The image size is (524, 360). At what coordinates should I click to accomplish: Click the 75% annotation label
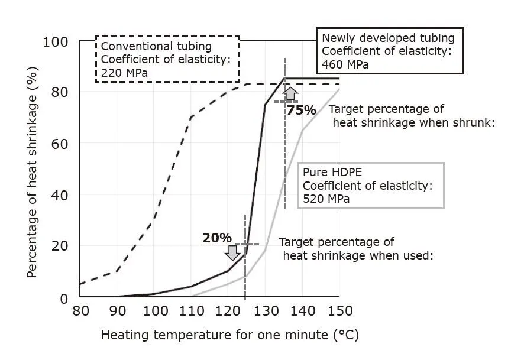click(302, 109)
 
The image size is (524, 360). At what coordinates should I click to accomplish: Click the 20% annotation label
click(217, 238)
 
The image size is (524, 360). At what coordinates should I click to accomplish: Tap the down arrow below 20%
click(232, 252)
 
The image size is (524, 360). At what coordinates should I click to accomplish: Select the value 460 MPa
click(345, 64)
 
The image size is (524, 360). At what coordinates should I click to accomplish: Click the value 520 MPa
click(326, 199)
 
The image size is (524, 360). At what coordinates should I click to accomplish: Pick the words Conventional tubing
click(156, 46)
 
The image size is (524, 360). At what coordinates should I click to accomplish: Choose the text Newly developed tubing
click(388, 38)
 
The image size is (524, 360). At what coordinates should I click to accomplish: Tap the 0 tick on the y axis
click(64, 298)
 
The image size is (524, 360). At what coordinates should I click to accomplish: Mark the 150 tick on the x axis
click(339, 312)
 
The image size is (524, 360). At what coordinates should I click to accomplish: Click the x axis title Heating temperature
click(229, 335)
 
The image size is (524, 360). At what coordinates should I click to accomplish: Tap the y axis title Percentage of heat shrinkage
click(33, 170)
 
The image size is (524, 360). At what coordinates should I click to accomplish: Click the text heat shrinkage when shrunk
click(413, 122)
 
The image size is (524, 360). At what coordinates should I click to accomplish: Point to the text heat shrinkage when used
click(359, 255)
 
